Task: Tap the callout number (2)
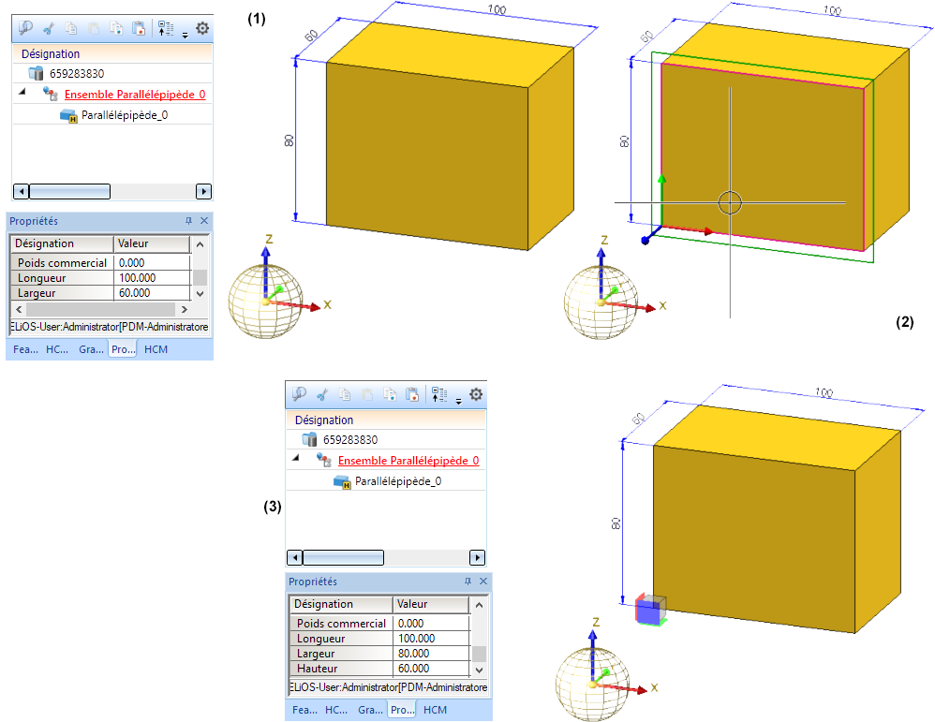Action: coord(904,322)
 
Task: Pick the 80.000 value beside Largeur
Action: coord(413,654)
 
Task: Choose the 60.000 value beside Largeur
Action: coord(137,293)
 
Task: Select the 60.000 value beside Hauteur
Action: coord(413,669)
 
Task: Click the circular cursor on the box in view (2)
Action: coord(730,202)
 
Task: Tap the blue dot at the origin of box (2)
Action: coord(646,241)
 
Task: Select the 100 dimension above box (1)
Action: coord(497,9)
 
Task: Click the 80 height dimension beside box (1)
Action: coord(289,140)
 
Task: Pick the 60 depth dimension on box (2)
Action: coord(646,37)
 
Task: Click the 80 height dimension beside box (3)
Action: coord(616,523)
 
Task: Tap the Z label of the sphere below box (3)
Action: coord(596,622)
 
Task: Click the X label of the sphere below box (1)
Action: coord(328,304)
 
